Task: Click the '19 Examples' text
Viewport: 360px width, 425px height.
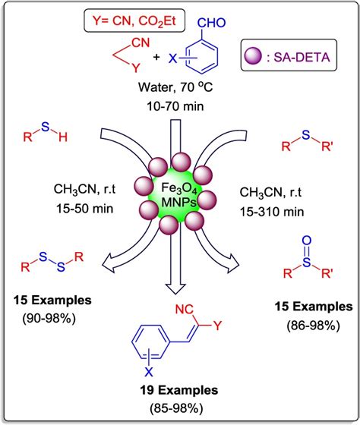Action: [178, 391]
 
